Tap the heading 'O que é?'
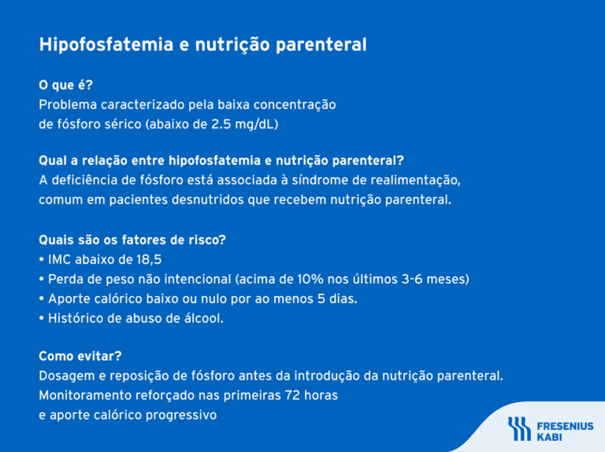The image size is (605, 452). coord(66,85)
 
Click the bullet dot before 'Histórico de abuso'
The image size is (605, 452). coord(42,318)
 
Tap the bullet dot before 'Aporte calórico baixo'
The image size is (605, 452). coord(42,298)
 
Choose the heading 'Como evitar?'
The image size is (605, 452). coord(80,356)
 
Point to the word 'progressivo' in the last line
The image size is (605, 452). coord(181,414)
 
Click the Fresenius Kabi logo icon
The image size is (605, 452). coord(518,428)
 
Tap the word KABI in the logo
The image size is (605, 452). coord(549,435)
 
